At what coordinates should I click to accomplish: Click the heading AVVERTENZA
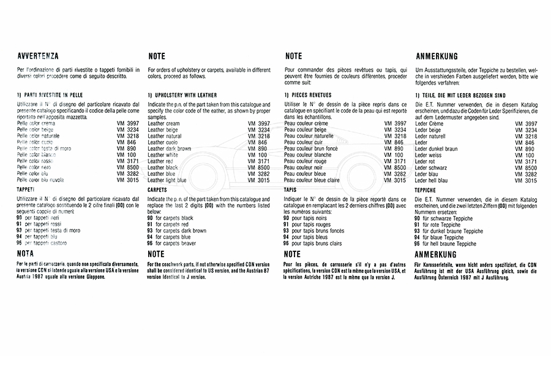coord(38,56)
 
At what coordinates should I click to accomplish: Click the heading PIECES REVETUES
coord(308,96)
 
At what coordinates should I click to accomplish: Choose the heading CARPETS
coord(158,191)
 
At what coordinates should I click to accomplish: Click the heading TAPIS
coord(291,191)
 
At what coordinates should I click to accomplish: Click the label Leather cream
coord(163,124)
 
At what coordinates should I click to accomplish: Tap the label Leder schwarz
coord(431,167)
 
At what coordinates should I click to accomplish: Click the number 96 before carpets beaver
coord(150,243)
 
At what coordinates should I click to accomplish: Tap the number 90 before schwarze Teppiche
coord(418,218)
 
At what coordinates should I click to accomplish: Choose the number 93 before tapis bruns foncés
coord(287,231)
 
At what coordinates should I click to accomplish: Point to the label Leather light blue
coord(167,180)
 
